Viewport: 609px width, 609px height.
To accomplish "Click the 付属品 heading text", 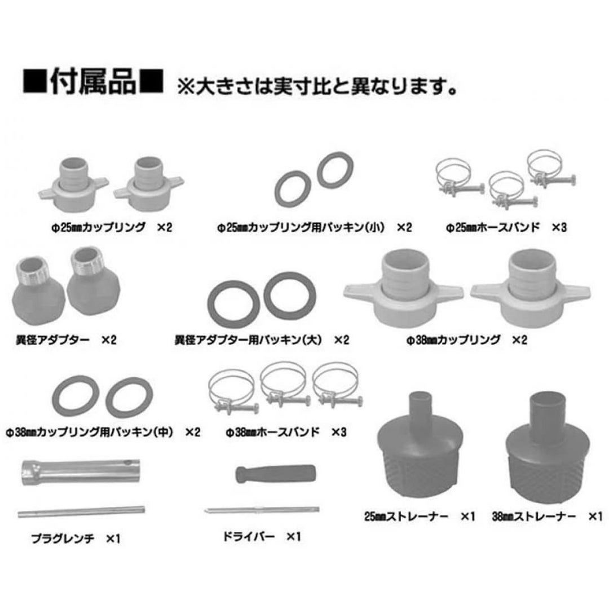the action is pos(93,81).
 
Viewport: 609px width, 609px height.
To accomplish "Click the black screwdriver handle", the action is pos(276,474).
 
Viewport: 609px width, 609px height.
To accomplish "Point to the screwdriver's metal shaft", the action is pos(262,510).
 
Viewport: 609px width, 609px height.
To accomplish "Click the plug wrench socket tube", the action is pos(81,472).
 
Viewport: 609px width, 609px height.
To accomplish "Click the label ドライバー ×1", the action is pos(262,537).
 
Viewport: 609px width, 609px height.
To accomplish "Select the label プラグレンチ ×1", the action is pos(76,539).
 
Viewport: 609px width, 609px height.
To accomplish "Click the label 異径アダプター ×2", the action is pos(66,340).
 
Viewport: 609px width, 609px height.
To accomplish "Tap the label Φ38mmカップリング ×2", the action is pos(466,340).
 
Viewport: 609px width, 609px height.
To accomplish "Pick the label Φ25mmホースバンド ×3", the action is pos(506,227).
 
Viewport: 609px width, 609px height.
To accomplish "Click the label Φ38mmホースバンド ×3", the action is pos(286,432).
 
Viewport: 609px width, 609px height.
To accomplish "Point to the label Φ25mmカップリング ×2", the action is pos(112,227).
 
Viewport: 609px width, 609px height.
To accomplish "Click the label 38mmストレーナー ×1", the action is pos(547,517).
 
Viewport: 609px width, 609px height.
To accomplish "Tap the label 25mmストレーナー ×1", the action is pos(420,517).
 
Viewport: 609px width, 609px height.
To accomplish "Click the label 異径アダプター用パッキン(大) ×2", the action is pos(262,340).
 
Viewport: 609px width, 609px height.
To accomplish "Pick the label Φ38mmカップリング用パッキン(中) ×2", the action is pos(103,432).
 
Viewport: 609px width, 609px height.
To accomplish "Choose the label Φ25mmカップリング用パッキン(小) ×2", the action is pos(314,227).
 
